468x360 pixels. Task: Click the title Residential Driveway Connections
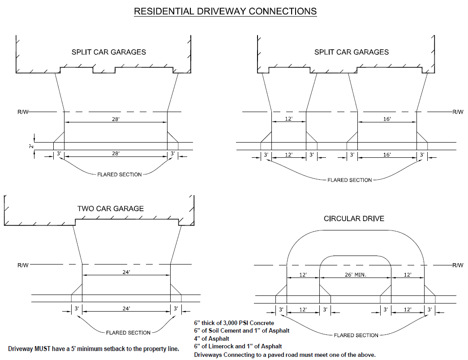(x=225, y=11)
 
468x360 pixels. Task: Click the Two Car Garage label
(x=111, y=208)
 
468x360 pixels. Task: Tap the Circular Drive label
(x=354, y=219)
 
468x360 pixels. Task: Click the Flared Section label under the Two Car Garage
(x=128, y=333)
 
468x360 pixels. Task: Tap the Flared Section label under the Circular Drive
(x=356, y=335)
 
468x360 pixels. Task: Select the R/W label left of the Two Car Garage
(x=23, y=265)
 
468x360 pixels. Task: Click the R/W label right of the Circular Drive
(x=458, y=265)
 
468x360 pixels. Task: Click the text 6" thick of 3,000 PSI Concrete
(x=234, y=323)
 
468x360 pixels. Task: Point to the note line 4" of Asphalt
(x=211, y=338)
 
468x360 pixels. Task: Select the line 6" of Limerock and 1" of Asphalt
(x=238, y=346)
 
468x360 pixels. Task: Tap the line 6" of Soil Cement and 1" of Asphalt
(x=241, y=330)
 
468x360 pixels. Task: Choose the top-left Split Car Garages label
(x=109, y=52)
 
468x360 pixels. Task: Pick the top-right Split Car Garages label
(x=352, y=52)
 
